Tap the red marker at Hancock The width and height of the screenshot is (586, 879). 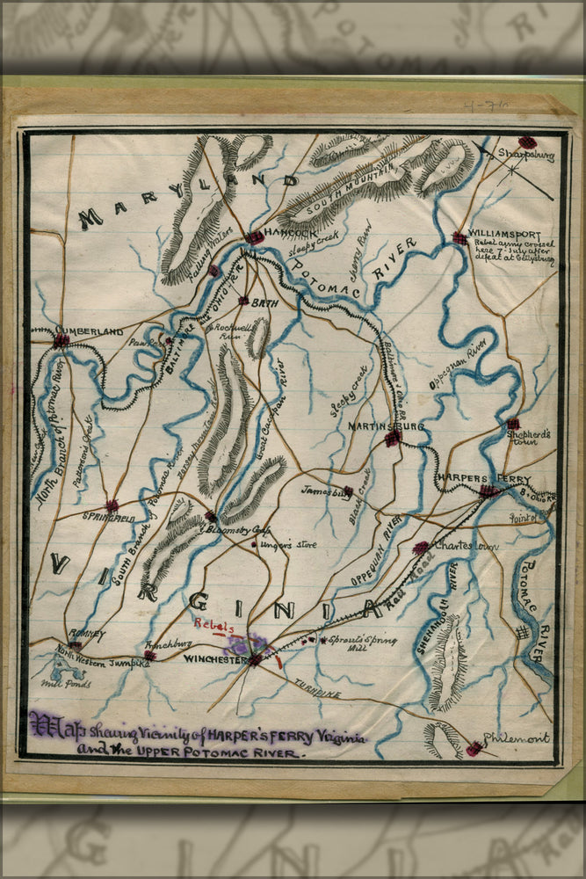(254, 237)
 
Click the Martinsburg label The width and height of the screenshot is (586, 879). (386, 426)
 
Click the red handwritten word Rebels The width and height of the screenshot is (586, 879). (214, 627)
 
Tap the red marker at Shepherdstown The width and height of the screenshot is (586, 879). (513, 424)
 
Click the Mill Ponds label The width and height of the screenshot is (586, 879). (66, 683)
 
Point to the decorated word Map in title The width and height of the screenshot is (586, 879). (47, 725)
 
